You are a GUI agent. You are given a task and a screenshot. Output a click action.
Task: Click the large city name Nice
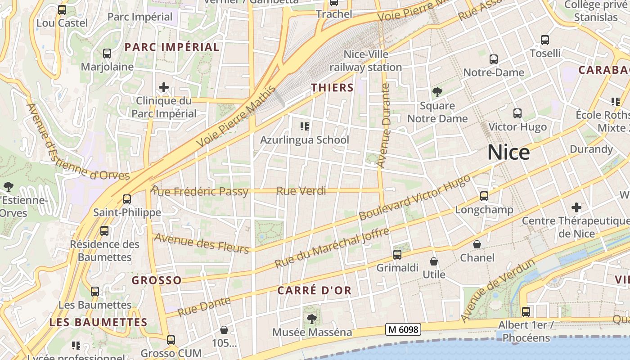(508, 153)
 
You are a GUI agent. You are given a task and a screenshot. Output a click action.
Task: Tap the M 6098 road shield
(403, 329)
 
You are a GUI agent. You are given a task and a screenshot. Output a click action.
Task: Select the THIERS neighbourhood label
(333, 88)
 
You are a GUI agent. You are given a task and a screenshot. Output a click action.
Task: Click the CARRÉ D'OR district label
(314, 290)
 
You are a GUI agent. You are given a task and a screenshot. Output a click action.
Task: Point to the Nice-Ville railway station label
(365, 61)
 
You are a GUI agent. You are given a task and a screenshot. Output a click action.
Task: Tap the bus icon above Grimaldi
(397, 255)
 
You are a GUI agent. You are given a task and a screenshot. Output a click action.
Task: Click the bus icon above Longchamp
(484, 196)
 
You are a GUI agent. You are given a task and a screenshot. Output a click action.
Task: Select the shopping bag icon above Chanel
(477, 244)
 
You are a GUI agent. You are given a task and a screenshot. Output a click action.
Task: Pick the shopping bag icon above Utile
(434, 261)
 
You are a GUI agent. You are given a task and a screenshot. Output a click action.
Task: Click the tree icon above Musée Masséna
(311, 319)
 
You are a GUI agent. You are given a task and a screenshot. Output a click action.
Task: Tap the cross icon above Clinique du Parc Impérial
(164, 87)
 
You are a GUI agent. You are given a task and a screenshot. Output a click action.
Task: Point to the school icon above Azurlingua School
(305, 126)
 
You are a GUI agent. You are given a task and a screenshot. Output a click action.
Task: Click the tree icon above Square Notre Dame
(437, 92)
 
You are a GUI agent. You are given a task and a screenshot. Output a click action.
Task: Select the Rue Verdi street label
(301, 191)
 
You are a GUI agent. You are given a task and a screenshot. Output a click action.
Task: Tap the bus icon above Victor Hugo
(517, 113)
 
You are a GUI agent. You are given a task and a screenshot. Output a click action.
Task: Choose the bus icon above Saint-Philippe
(127, 199)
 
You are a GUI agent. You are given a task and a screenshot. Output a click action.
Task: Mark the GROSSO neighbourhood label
(157, 280)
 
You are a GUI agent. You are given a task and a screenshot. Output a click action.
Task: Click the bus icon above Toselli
(545, 40)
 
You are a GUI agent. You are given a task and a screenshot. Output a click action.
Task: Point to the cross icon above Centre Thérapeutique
(576, 207)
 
